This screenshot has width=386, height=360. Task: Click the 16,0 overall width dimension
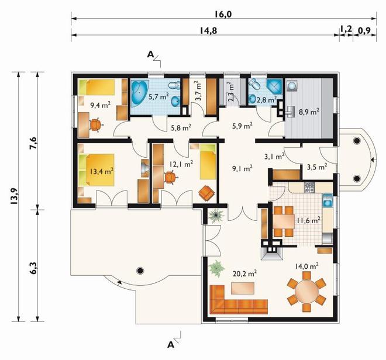(x=223, y=15)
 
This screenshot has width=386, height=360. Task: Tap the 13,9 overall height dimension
(x=14, y=196)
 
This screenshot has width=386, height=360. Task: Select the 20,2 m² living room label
(x=245, y=273)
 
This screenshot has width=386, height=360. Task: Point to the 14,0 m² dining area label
(x=306, y=266)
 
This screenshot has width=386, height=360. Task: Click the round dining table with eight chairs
(x=306, y=292)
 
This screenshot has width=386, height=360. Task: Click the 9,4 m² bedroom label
(x=100, y=105)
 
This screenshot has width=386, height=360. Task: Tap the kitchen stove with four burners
(x=309, y=188)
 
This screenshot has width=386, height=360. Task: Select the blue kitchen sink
(x=328, y=200)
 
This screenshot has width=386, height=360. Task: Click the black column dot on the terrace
(x=140, y=271)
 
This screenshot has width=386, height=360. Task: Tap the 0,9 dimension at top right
(x=364, y=31)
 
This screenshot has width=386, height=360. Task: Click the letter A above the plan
(x=150, y=54)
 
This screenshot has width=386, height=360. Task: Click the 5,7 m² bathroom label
(x=158, y=96)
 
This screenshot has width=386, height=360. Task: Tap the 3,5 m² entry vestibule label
(x=317, y=167)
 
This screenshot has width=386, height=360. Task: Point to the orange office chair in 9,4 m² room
(x=95, y=124)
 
